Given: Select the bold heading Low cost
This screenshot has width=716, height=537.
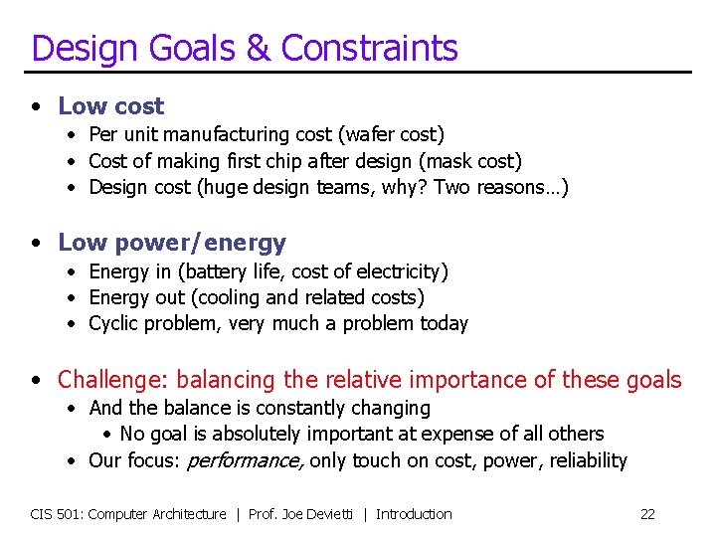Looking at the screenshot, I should (x=110, y=105).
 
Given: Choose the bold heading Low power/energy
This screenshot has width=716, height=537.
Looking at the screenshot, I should (x=171, y=243).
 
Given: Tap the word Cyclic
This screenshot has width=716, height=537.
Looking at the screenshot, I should (x=114, y=323).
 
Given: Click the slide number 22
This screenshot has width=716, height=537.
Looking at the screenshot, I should (x=647, y=514).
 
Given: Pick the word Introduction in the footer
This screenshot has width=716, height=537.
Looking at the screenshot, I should (x=414, y=514).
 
